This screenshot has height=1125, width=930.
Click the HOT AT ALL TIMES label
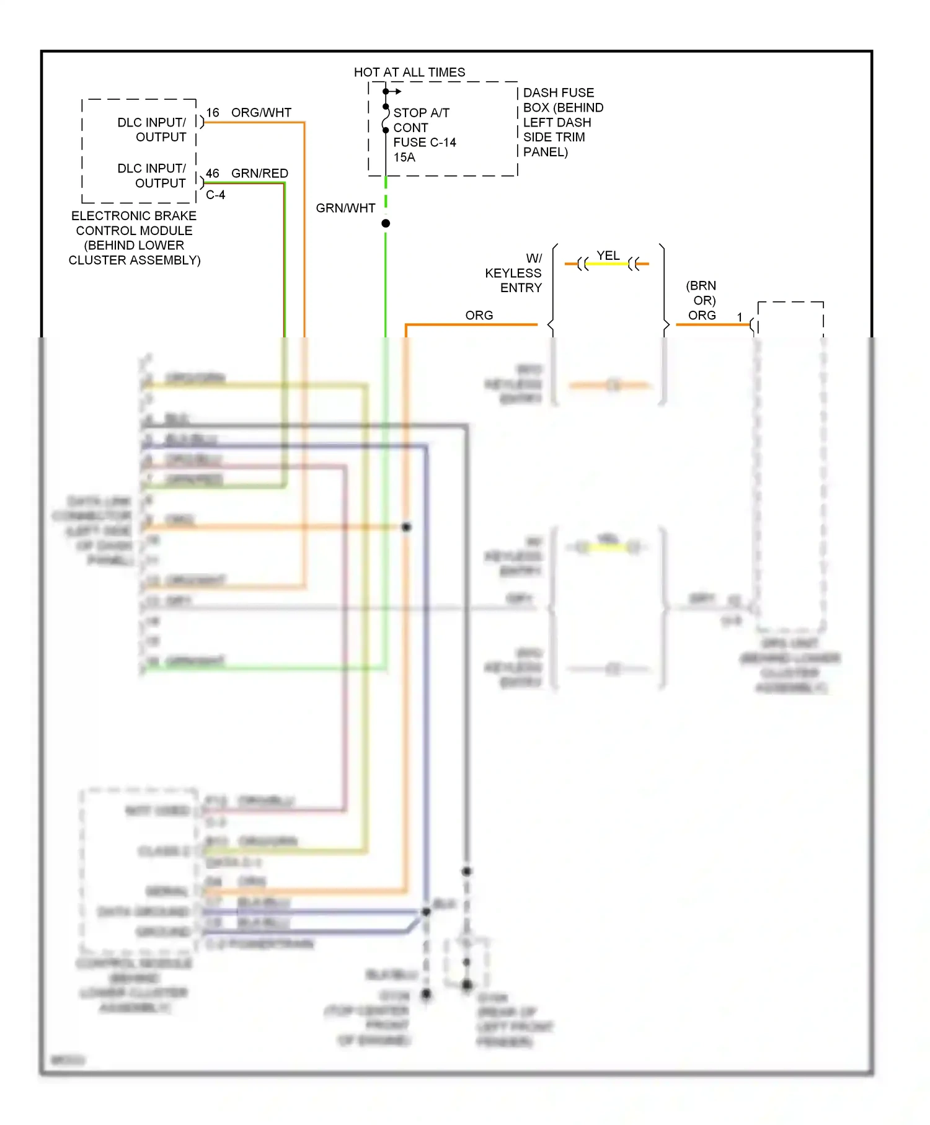tap(409, 73)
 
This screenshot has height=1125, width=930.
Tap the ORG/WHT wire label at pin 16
tap(261, 113)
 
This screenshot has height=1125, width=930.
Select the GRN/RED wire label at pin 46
tap(259, 174)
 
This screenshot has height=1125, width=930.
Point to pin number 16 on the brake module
tap(213, 113)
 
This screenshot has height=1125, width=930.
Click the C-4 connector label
tap(215, 195)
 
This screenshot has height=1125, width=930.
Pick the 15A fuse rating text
tap(404, 158)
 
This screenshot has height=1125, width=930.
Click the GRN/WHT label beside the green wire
tap(345, 208)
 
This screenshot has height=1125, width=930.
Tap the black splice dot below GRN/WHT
tap(386, 223)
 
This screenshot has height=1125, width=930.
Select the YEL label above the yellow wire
tap(608, 256)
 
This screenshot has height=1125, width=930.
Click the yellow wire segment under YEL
tap(608, 264)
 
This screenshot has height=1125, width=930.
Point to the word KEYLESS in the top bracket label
tap(513, 273)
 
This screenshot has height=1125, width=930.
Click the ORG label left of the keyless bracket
tap(479, 316)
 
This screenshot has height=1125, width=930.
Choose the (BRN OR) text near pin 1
tap(701, 293)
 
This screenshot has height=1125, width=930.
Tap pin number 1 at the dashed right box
tap(739, 318)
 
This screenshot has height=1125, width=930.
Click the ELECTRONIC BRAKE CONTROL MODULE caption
tap(134, 238)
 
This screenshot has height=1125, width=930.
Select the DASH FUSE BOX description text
tap(562, 122)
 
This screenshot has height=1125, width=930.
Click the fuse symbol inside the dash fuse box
tap(386, 118)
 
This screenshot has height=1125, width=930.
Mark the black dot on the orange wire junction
tap(406, 527)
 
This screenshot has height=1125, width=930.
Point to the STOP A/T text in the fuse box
tap(421, 113)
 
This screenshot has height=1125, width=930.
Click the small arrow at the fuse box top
tap(397, 92)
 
